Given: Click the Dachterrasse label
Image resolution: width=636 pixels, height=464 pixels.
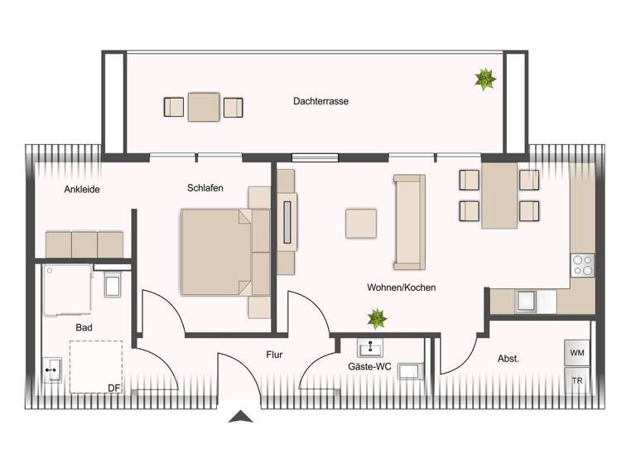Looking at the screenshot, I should click(320, 101).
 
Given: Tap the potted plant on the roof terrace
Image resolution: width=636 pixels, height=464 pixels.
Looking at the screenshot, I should click(484, 80).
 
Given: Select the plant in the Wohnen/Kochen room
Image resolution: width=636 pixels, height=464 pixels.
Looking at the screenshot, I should click(377, 317).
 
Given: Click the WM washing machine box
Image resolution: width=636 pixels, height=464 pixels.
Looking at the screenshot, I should click(576, 352).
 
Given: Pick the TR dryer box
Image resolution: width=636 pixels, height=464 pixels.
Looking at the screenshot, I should click(576, 380).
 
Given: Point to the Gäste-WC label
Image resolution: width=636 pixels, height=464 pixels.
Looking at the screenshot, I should click(369, 366).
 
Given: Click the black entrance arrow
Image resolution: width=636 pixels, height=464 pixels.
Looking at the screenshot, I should click(240, 416).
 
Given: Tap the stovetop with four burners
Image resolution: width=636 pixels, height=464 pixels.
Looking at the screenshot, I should click(583, 264).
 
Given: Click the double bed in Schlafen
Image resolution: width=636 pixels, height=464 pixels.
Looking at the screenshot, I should click(216, 252).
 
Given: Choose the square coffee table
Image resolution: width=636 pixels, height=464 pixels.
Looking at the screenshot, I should click(361, 223).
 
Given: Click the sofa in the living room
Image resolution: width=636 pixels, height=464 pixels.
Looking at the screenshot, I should click(409, 221).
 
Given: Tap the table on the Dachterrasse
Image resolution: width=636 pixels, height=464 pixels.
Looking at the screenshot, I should click(203, 106).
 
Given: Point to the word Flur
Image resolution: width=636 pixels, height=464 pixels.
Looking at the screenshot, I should click(274, 355).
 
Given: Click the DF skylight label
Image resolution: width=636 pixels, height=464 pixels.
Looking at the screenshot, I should click(114, 387).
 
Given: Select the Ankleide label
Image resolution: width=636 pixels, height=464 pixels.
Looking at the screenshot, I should click(82, 189).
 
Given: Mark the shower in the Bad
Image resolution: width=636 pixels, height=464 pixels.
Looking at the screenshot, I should click(67, 289).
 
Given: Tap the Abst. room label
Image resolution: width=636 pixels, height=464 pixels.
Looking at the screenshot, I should click(508, 359).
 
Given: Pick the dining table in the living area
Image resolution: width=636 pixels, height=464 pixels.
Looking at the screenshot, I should click(499, 195).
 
